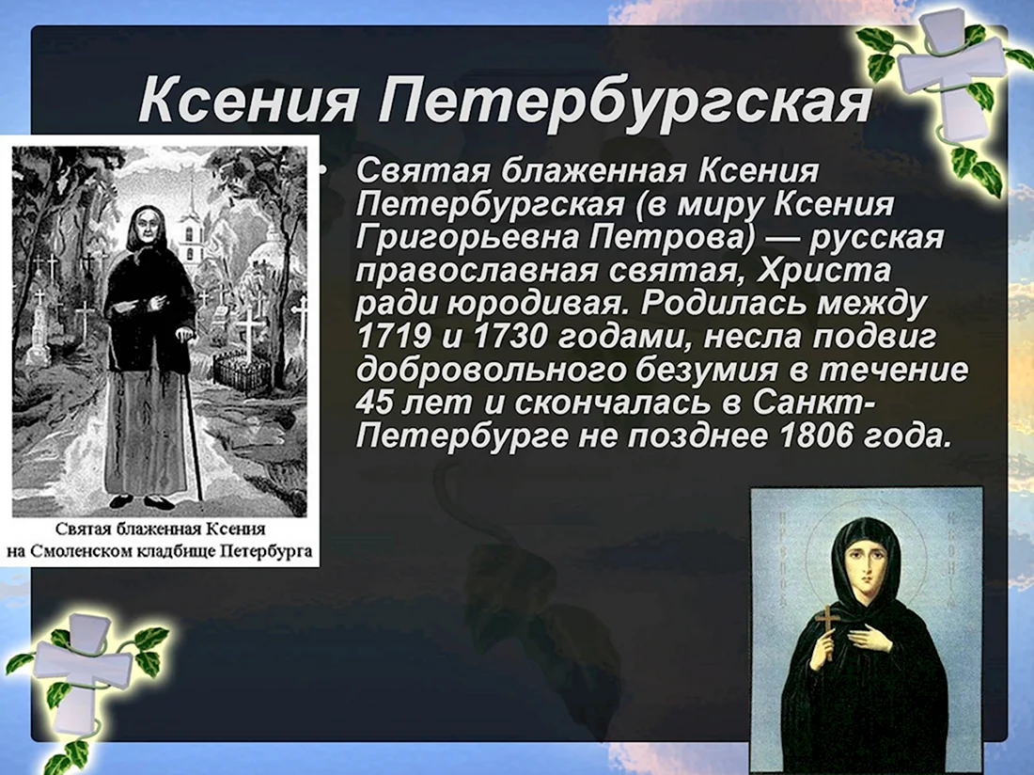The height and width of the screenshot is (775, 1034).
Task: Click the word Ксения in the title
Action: (x=248, y=101)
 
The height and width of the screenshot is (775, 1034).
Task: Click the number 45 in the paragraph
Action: (x=373, y=403)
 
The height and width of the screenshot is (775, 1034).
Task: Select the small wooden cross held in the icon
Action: (x=825, y=632)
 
